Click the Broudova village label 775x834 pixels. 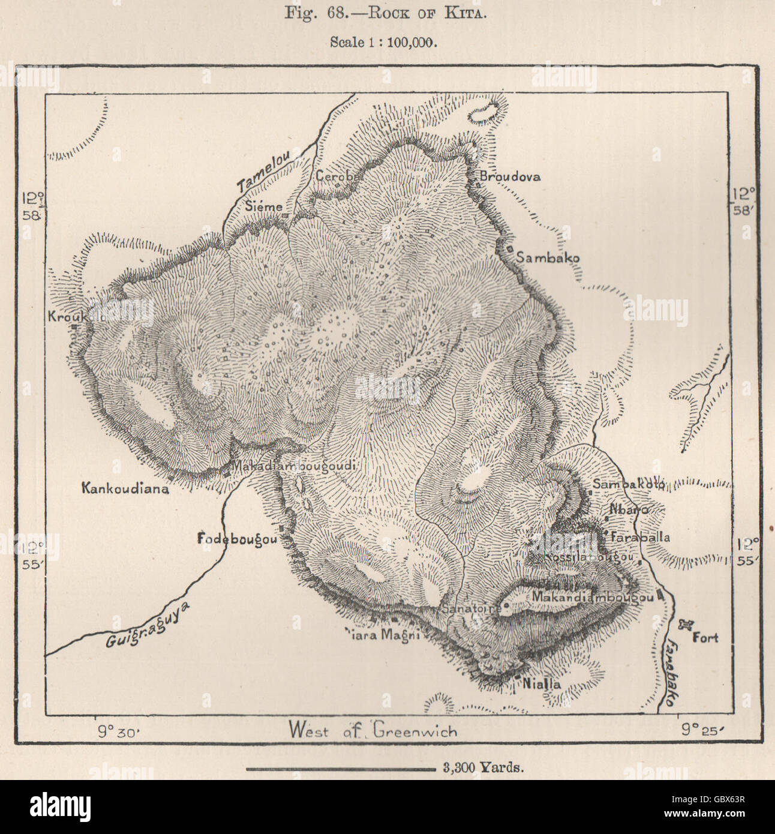tap(510, 176)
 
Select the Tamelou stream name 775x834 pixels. tap(263, 172)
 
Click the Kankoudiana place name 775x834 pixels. tap(125, 488)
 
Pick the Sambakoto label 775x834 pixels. tap(627, 484)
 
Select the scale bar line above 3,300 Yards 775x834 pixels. tap(340, 768)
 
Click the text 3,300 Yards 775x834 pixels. tap(482, 767)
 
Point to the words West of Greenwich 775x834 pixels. tap(373, 730)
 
